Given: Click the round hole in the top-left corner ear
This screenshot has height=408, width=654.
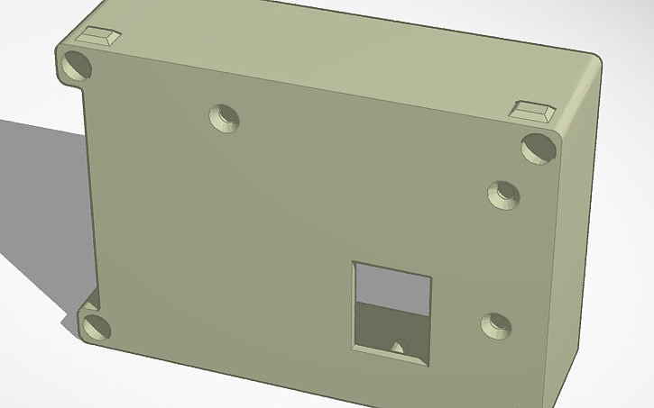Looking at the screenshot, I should (x=77, y=64).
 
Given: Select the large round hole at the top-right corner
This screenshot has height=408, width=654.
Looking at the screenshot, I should (x=539, y=148).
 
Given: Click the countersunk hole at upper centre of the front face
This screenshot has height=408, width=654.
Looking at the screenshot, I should (x=225, y=117).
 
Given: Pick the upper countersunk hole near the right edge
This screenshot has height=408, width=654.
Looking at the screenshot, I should (x=503, y=194).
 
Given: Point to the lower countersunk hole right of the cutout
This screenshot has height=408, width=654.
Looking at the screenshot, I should (x=495, y=325).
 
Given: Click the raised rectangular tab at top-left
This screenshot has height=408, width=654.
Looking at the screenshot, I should (x=98, y=36).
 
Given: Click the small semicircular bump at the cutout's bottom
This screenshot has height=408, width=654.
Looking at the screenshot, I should (x=395, y=346).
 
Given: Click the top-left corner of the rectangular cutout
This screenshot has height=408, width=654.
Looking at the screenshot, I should (x=355, y=262).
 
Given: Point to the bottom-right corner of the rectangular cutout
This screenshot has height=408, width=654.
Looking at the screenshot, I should (x=425, y=367).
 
